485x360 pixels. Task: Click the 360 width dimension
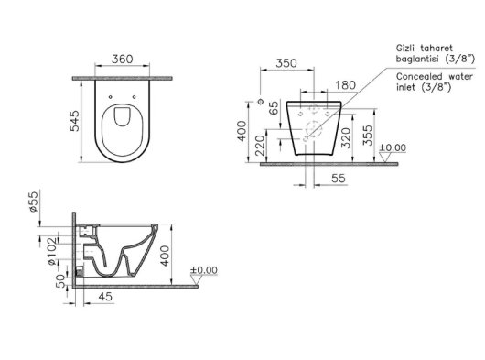click(x=123, y=59)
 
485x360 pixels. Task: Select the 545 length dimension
click(x=75, y=121)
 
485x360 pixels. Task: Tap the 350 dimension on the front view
click(x=286, y=63)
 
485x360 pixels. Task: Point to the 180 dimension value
click(x=345, y=85)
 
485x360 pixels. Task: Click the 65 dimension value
click(x=274, y=108)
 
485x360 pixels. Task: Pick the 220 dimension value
click(x=260, y=146)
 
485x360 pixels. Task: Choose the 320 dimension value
click(x=346, y=138)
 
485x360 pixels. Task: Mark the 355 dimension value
click(x=368, y=136)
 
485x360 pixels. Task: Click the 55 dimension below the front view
click(x=339, y=179)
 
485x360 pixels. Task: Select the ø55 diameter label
click(x=34, y=202)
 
